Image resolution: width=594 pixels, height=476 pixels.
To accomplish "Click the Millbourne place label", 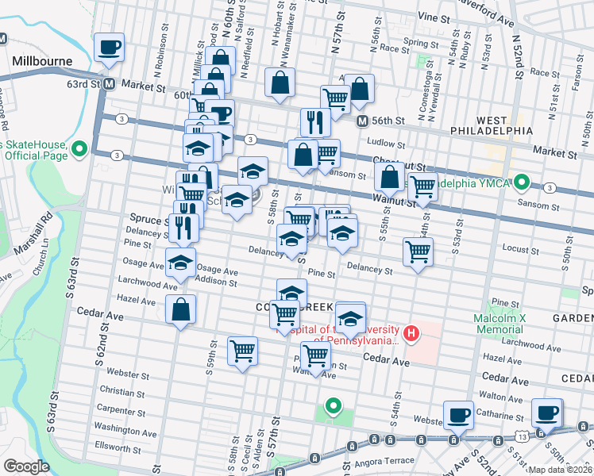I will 42,61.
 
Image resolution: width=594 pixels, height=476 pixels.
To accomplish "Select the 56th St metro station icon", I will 361,121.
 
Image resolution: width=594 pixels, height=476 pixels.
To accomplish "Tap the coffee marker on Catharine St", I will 457,413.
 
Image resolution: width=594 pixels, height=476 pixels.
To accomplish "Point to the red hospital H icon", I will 411,332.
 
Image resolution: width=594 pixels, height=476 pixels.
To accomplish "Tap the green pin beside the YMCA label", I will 522,182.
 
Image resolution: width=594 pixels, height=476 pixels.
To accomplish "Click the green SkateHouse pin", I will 79,148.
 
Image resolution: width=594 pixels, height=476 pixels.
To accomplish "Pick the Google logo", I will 26,466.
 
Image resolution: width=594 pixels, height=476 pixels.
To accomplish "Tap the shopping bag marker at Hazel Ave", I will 181,309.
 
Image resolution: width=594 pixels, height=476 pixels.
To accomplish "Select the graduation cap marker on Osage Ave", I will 181,261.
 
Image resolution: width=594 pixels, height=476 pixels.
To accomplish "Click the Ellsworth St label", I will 117,443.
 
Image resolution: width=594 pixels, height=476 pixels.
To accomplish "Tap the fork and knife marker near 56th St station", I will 315,121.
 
